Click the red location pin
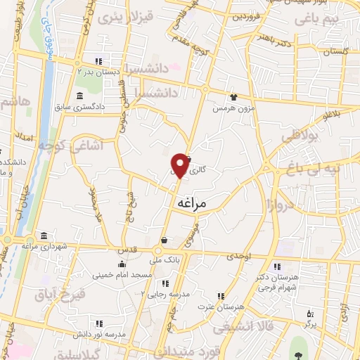point(181,165)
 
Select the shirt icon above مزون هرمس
point(233,97)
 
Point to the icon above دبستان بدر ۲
point(98,60)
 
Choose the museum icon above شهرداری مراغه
point(44,235)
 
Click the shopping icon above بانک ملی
point(163,240)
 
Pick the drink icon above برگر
point(307,313)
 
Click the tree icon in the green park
point(300,345)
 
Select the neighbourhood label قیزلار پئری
point(119,16)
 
